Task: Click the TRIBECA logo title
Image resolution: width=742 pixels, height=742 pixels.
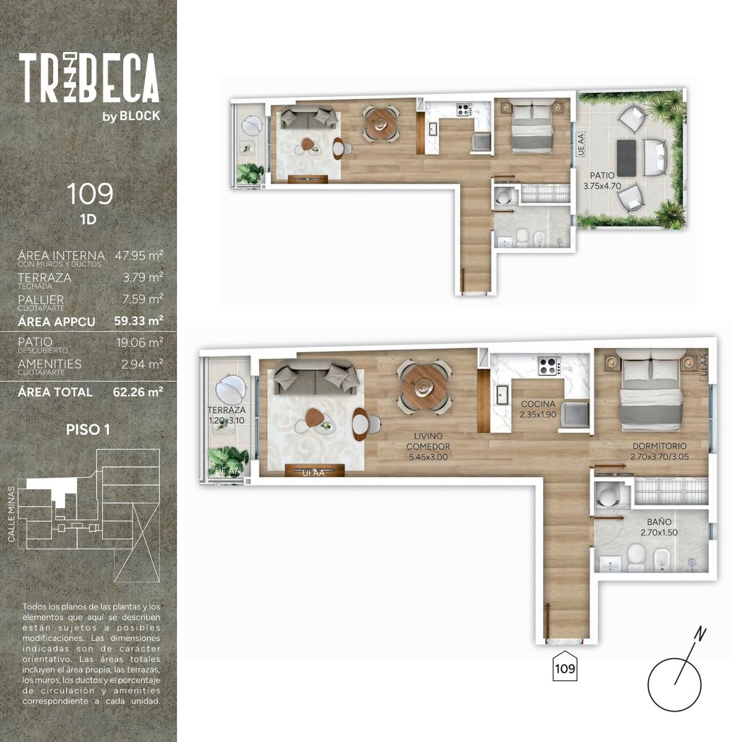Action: click(x=89, y=78)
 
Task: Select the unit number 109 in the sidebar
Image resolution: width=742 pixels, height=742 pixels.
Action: click(x=90, y=194)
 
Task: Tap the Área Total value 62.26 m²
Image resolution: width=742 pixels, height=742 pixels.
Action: click(x=138, y=392)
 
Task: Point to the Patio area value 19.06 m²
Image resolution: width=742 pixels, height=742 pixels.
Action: click(x=140, y=343)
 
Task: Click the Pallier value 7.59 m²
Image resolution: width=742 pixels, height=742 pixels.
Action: click(x=142, y=299)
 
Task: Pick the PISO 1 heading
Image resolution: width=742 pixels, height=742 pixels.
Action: click(x=88, y=430)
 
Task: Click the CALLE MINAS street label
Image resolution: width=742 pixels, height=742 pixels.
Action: click(x=12, y=514)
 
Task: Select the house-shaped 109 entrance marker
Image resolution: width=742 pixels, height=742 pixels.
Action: click(x=565, y=668)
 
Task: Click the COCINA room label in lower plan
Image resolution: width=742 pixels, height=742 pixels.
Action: click(x=538, y=404)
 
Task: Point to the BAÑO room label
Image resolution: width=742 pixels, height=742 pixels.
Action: click(x=659, y=522)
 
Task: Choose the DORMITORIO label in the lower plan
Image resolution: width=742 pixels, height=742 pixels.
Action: click(x=660, y=446)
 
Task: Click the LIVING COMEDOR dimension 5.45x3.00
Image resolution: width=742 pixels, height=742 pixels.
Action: click(x=428, y=457)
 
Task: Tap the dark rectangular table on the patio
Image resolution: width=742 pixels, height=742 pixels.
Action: click(x=626, y=158)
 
